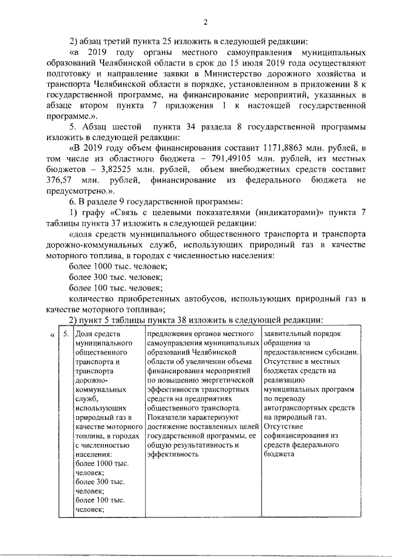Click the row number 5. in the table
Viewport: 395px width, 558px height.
[65, 334]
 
